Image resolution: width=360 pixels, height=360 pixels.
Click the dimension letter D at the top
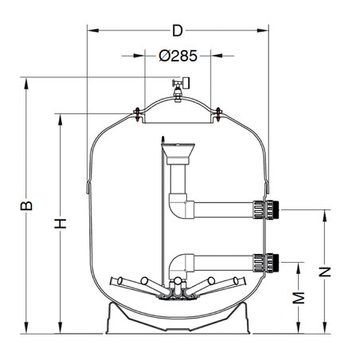tap(177, 31)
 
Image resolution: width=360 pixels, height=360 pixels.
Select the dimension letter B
tap(26, 205)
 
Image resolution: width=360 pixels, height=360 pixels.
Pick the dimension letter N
tap(324, 272)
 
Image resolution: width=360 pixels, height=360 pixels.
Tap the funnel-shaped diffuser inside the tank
tap(178, 151)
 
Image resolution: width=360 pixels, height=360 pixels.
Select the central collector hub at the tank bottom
tap(178, 294)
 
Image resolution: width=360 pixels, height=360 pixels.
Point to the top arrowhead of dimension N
tap(324, 213)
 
